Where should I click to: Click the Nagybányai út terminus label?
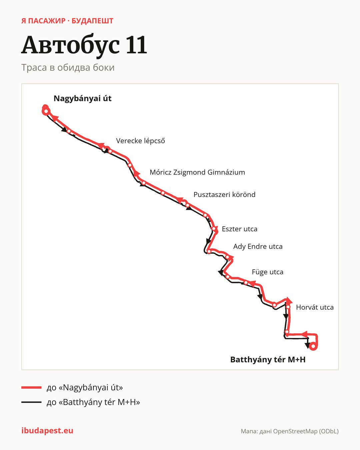click(x=82, y=98)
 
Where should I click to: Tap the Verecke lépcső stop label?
click(x=140, y=141)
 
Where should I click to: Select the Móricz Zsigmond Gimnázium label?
click(x=197, y=172)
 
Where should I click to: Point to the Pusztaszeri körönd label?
click(x=224, y=195)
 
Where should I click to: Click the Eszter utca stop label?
click(x=240, y=229)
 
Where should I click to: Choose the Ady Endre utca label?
click(x=258, y=246)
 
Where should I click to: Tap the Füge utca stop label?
click(x=268, y=272)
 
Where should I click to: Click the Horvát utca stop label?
click(x=315, y=307)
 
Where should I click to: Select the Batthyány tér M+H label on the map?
click(x=268, y=360)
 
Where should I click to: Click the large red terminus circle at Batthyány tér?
click(x=313, y=346)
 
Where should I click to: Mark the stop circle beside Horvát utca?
click(x=288, y=307)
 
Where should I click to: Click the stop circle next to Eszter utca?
click(x=214, y=229)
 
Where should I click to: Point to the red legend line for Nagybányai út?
click(x=31, y=388)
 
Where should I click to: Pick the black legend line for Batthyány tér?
click(x=31, y=402)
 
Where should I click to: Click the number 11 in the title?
click(x=136, y=45)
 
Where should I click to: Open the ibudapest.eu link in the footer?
click(x=47, y=431)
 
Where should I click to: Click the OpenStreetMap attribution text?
click(x=290, y=431)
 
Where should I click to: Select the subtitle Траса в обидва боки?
click(x=68, y=68)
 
